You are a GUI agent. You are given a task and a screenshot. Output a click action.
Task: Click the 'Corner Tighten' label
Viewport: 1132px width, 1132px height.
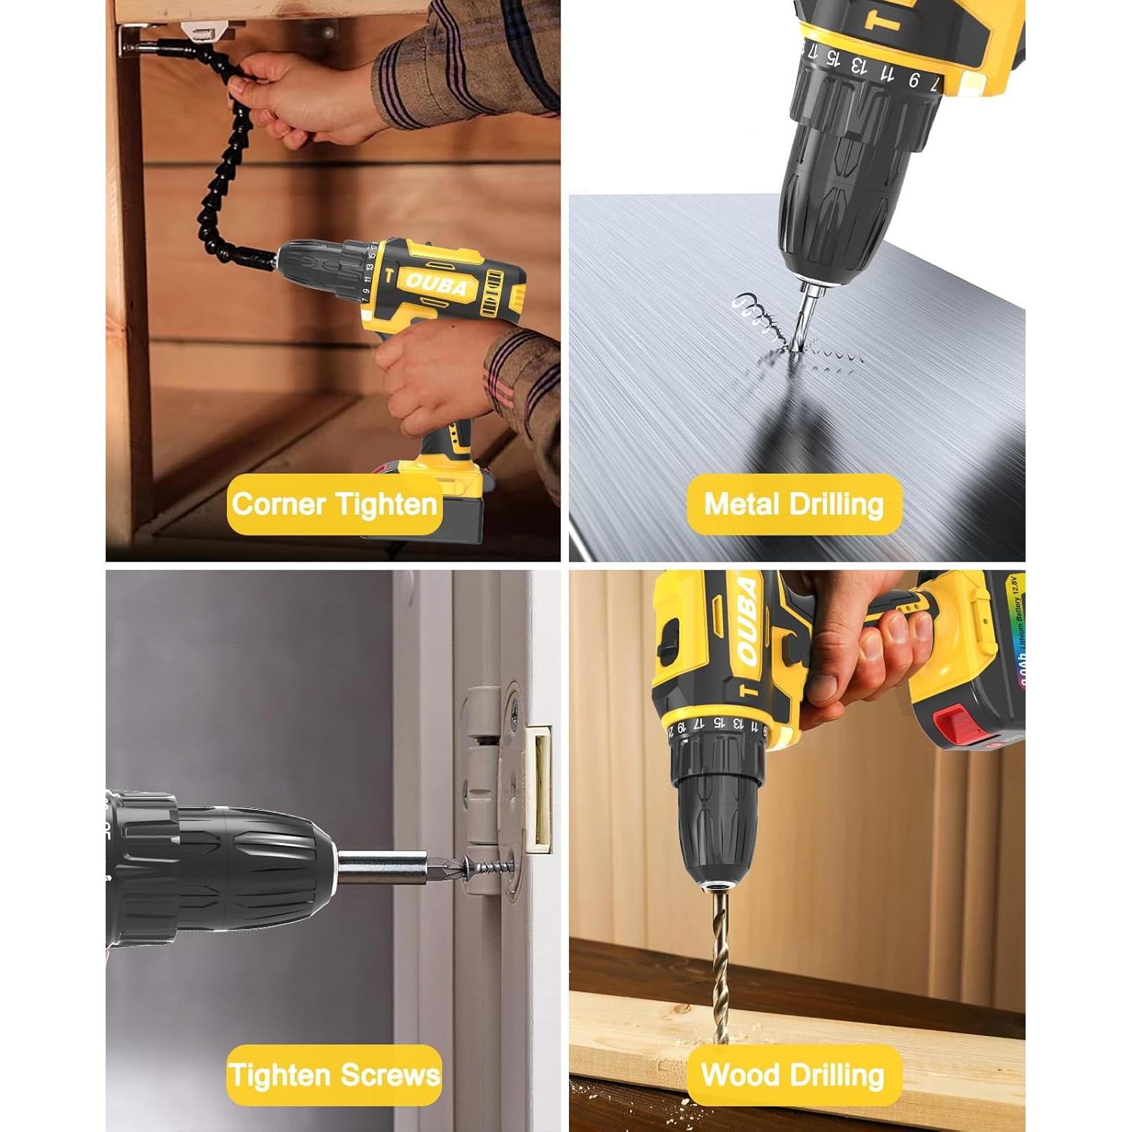point(334,504)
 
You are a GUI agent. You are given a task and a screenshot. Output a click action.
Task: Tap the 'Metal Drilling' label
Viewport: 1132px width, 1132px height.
point(794,504)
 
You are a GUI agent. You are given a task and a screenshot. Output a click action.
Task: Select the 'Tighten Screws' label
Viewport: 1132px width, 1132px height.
point(334,1075)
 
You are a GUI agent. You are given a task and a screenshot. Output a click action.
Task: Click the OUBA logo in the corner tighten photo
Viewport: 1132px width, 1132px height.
point(437,284)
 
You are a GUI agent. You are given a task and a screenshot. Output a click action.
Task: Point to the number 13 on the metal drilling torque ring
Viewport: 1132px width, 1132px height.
point(859,66)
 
